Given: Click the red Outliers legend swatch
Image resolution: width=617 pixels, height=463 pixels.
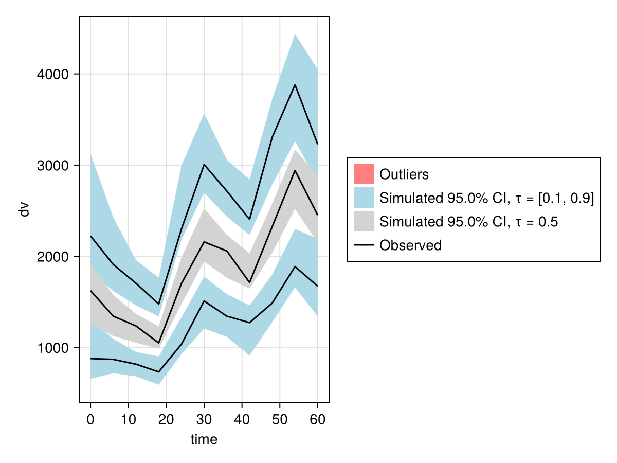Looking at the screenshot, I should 364,174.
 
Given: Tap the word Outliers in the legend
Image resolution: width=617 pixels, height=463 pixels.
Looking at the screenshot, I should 404,174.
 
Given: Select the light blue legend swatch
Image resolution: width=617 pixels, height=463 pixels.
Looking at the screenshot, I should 364,198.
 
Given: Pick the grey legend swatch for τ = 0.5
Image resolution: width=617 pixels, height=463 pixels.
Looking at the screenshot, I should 364,222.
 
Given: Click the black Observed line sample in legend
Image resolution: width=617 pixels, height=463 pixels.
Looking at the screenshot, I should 364,245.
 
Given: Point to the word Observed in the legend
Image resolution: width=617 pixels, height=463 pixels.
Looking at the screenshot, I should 410,245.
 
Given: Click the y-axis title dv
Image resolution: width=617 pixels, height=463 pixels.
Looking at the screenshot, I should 24,209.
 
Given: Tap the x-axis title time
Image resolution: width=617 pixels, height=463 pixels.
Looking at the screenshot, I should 204,439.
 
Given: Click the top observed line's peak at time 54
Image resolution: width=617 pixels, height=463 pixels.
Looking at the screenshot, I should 295,85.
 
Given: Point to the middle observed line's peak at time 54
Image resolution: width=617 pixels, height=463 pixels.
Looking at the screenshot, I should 295,170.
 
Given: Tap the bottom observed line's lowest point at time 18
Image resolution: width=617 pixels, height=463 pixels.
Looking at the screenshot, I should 159,372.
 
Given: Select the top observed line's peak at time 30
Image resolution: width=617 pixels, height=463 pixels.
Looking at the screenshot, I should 204,165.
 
